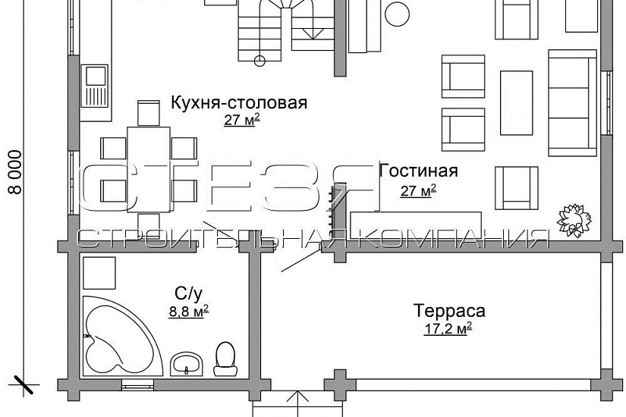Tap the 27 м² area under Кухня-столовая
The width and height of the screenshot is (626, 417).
[242, 120]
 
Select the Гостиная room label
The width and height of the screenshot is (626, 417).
[418, 169]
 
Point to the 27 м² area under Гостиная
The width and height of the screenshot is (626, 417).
[418, 190]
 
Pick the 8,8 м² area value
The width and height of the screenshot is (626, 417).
[190, 309]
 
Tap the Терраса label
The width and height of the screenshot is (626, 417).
[449, 310]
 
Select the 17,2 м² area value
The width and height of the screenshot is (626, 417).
[448, 328]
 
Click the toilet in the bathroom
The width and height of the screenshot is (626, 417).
[225, 359]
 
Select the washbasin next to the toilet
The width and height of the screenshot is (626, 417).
[187, 363]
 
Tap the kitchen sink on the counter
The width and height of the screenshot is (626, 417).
[96, 77]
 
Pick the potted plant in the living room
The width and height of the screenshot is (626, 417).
[572, 218]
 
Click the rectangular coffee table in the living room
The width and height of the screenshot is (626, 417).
[516, 92]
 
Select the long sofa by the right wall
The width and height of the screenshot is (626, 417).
[572, 93]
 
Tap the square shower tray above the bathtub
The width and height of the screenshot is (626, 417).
[99, 274]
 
